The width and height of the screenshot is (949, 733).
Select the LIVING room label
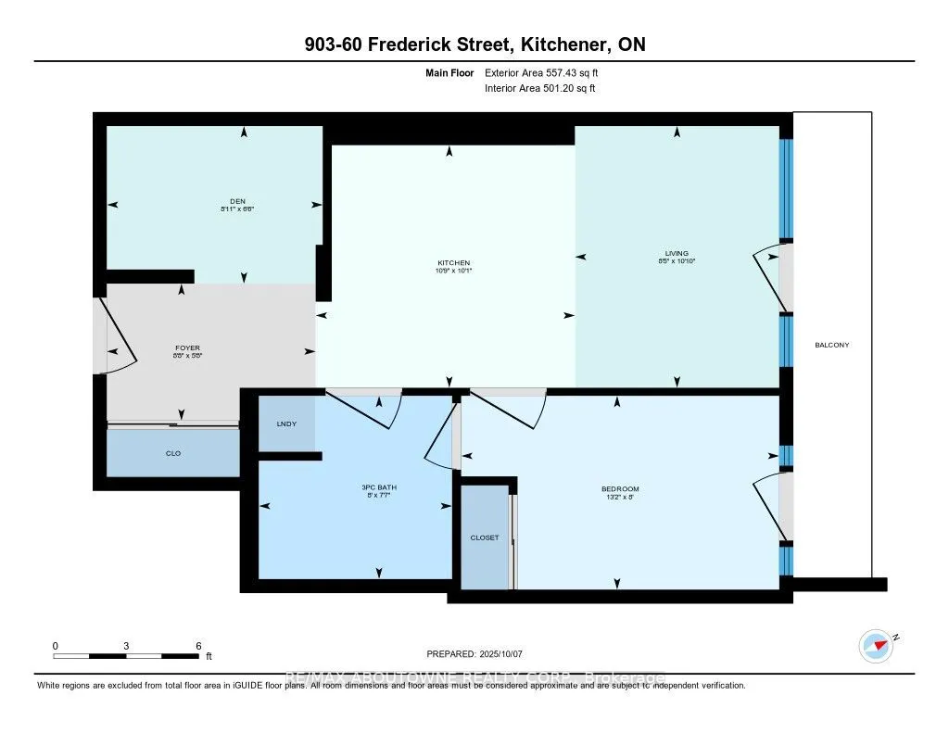point(677,253)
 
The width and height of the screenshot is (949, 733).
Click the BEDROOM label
point(621,488)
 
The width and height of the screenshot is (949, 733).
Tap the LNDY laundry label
point(287,423)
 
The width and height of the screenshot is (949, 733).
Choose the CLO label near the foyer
point(173,453)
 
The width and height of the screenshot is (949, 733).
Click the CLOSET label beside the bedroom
point(484,537)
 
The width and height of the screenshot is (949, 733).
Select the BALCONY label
point(831,345)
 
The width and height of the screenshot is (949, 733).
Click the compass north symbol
point(876,644)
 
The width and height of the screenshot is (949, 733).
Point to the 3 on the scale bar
point(125,645)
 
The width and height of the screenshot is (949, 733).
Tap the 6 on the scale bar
point(198,645)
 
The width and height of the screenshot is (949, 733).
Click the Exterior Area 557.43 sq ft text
point(548,72)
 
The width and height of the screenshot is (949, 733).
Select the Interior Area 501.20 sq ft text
point(540,89)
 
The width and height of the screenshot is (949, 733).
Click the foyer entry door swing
point(118,335)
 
